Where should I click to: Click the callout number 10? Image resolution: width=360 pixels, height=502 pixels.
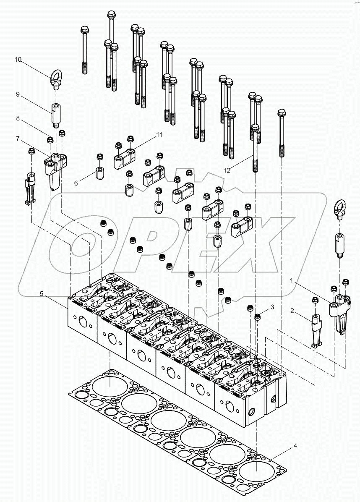[18, 59]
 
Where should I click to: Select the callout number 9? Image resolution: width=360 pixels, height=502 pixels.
[18, 94]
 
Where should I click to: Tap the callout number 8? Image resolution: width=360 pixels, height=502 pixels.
[18, 118]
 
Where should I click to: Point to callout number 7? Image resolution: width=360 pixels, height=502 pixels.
[18, 138]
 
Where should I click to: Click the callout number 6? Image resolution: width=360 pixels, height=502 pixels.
[76, 183]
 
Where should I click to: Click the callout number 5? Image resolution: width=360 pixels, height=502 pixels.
[42, 294]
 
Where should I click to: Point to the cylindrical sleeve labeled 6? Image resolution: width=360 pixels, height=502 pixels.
[100, 173]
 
